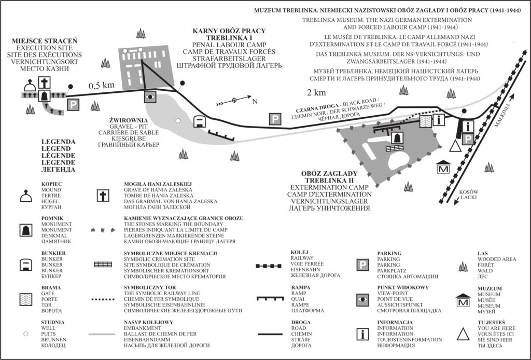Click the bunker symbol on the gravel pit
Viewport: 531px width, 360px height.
200,122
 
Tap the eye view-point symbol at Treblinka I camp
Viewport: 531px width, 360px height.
150,96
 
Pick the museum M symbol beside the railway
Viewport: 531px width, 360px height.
443,168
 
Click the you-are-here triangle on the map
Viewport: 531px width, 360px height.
455,147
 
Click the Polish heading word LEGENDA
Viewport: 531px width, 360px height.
58,142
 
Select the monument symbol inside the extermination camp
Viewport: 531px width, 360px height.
397,138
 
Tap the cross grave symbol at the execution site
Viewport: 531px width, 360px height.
46,82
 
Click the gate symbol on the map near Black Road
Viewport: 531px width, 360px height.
425,120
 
